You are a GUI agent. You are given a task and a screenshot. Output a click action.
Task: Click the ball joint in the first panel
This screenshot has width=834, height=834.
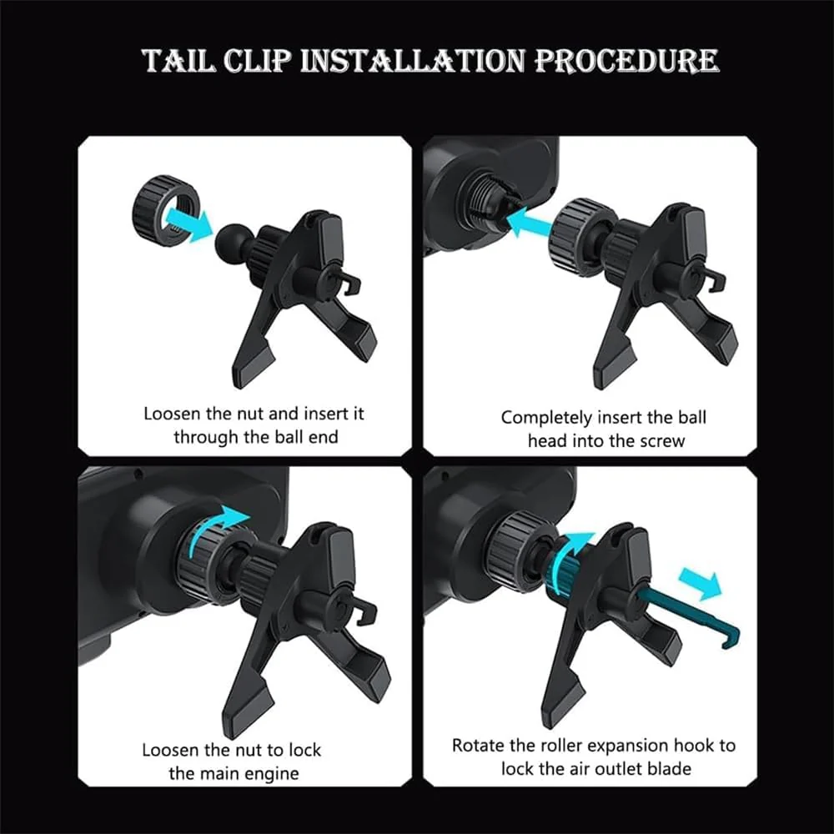[x=230, y=241]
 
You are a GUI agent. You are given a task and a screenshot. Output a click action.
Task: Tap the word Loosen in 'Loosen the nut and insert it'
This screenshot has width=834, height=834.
[x=172, y=414]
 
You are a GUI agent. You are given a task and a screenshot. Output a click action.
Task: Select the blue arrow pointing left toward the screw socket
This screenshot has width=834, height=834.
[x=530, y=222]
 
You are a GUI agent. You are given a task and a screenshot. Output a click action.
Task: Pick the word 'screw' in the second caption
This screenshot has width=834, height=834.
[x=662, y=441]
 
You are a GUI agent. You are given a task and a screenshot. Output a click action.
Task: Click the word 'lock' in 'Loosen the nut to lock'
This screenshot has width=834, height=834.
[x=304, y=750]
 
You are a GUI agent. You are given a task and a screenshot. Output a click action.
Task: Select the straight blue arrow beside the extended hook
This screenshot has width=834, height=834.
[x=700, y=583]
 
